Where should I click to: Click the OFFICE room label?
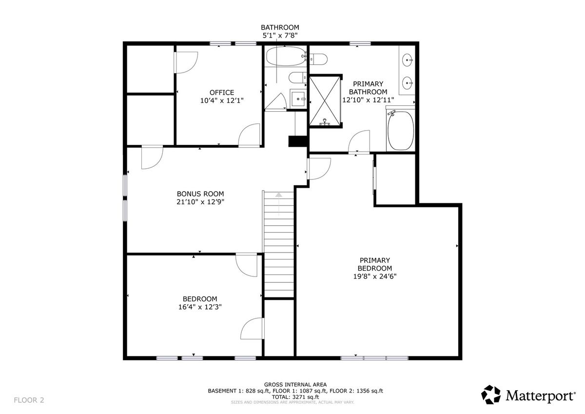tap(222, 93)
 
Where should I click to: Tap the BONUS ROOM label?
tap(200, 194)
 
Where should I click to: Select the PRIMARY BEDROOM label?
tap(375, 264)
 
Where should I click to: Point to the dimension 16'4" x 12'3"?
tap(200, 307)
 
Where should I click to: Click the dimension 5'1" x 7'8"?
tap(280, 35)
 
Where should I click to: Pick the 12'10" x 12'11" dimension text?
tap(368, 100)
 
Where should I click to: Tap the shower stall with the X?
tap(325, 101)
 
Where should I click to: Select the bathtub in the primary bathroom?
tap(401, 130)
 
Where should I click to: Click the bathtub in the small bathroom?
tap(286, 56)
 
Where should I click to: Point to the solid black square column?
tap(297, 141)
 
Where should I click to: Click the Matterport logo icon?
tap(491, 394)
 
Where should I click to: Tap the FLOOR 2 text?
tap(29, 400)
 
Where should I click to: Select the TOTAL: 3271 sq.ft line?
tap(295, 397)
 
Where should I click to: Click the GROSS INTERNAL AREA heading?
tap(295, 384)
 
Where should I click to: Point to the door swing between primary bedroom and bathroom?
tap(359, 141)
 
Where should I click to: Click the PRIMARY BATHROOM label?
tap(368, 88)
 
